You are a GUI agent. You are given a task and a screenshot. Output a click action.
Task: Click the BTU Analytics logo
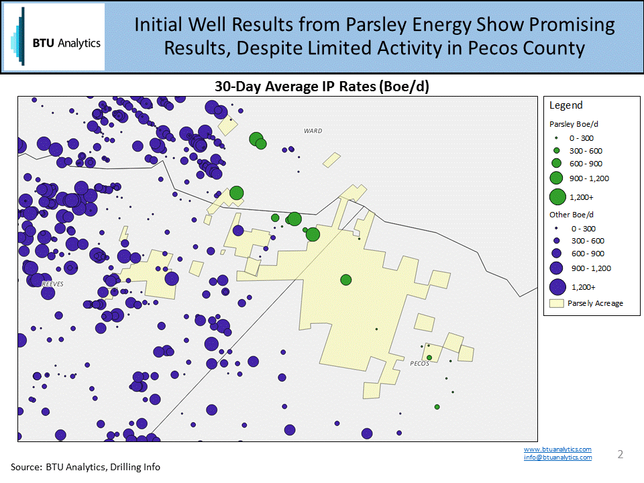(54, 37)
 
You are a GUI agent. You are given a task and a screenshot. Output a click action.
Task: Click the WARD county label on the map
(313, 131)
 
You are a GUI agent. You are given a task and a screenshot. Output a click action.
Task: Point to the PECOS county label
(419, 364)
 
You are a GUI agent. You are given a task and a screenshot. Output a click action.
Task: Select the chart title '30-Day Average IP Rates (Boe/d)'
(321, 87)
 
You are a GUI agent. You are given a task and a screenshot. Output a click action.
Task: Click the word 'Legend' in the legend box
(566, 105)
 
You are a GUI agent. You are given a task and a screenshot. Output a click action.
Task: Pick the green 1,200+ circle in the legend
(557, 197)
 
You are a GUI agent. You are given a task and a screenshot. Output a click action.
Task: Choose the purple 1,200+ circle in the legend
(557, 287)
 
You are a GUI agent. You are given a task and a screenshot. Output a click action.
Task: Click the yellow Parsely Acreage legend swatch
(556, 303)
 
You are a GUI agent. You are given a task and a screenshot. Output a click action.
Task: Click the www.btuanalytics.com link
(557, 449)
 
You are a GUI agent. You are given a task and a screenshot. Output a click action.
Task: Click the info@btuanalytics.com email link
(557, 458)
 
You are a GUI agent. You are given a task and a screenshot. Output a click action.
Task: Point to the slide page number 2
(620, 454)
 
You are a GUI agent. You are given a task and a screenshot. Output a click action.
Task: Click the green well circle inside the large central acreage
(346, 280)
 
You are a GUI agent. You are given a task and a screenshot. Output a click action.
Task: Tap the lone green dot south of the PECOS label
(437, 407)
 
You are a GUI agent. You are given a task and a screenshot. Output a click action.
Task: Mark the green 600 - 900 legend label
(586, 164)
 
